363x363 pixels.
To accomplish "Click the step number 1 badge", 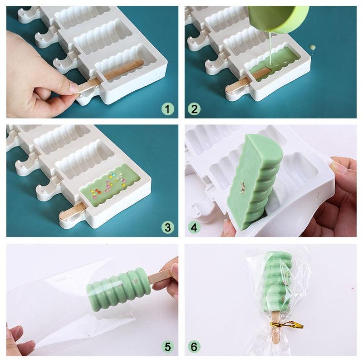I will [x=168, y=109].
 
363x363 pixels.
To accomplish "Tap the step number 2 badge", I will [x=194, y=109].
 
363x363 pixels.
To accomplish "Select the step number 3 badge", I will [x=168, y=227].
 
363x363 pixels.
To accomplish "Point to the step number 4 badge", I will [x=194, y=227].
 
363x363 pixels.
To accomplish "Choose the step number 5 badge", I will [x=168, y=347].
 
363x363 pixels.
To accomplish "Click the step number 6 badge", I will [x=194, y=347].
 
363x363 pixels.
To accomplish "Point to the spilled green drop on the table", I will [x=313, y=47].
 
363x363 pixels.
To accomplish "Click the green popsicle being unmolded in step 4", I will [x=256, y=181].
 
